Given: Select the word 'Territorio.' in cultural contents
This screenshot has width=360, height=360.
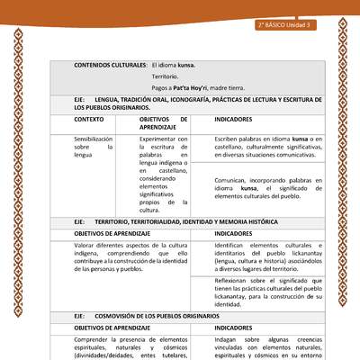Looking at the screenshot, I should click(165, 78).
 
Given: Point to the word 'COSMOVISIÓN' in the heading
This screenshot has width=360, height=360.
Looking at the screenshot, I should click(120, 318).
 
